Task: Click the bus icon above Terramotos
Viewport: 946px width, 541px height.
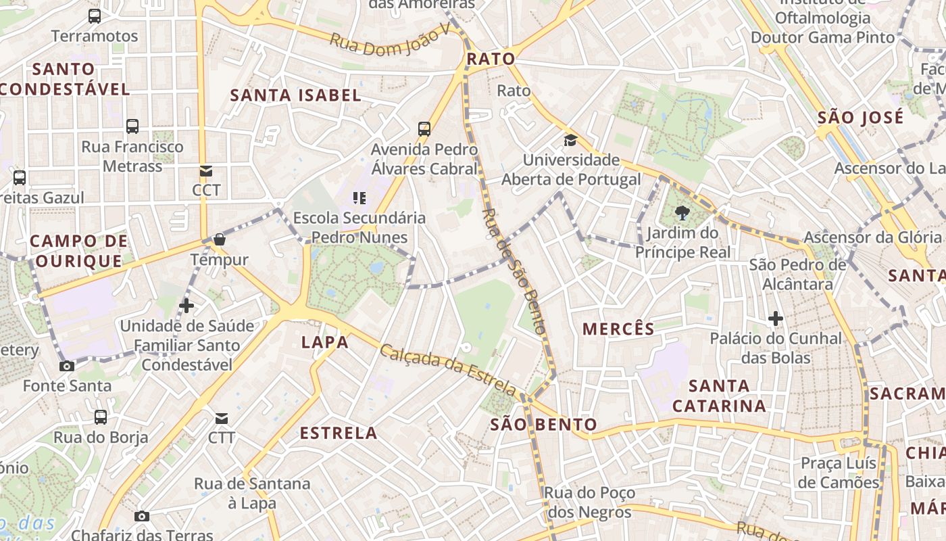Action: pos(95,16)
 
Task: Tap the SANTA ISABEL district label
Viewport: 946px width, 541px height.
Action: pos(296,95)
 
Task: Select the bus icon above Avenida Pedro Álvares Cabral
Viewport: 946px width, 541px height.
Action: pos(424,128)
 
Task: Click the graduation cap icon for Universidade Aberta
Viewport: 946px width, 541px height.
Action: pos(571,140)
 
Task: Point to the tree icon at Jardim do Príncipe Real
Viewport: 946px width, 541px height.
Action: pos(682,214)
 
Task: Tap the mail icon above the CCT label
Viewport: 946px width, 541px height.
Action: pos(205,170)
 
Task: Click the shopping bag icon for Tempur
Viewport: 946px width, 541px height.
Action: pos(220,239)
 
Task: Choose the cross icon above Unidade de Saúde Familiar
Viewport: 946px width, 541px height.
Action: pos(186,306)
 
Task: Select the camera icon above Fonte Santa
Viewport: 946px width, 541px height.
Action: pos(67,366)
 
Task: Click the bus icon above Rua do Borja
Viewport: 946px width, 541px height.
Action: pos(101,417)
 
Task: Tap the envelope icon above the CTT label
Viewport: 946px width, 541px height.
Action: pos(222,419)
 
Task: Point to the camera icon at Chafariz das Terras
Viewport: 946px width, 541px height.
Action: pos(141,516)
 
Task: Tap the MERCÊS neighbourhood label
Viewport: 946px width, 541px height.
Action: pos(618,329)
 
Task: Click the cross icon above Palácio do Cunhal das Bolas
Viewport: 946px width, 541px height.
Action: pos(776,318)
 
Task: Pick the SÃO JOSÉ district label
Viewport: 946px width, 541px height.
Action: pos(860,118)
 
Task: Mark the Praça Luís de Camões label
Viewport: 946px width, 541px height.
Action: pos(839,473)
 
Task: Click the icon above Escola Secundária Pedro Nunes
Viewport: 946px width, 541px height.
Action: pos(359,197)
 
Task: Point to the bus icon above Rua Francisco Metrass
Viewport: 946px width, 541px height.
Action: pos(132,126)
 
